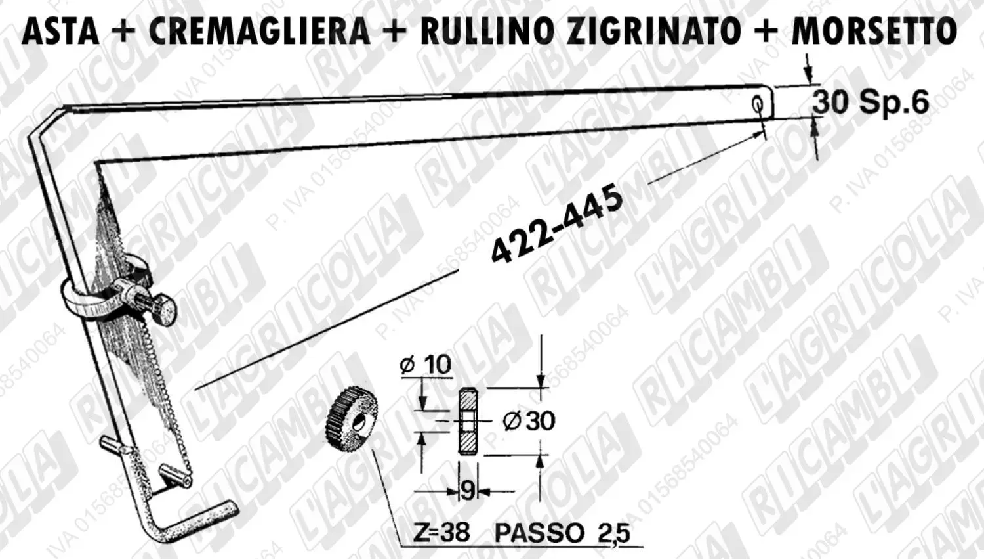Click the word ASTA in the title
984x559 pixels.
tap(60, 32)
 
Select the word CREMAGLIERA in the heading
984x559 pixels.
tap(259, 32)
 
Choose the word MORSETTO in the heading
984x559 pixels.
tap(874, 32)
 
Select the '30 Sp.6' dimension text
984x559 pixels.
tap(871, 102)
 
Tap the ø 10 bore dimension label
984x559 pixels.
tap(426, 365)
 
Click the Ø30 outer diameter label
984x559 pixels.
tap(529, 421)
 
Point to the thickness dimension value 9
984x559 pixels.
tap(468, 491)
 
